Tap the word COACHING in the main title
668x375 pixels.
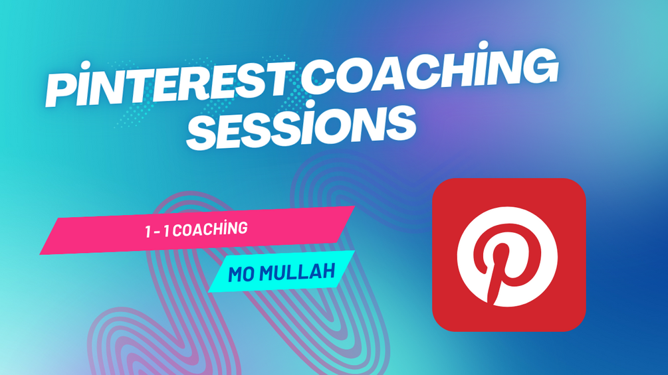coord(432,70)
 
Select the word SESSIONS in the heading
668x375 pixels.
coord(302,125)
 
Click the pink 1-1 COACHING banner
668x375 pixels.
coord(197,230)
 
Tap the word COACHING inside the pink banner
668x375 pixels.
coord(210,229)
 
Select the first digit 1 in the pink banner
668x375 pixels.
coord(148,232)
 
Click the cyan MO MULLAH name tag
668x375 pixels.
coord(282,272)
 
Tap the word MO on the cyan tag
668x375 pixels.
coord(241,274)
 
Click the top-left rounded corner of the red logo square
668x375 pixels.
coord(439,186)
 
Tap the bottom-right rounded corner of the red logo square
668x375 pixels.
coord(578,323)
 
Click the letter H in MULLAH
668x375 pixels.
coord(327,271)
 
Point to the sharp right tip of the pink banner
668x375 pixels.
coord(354,206)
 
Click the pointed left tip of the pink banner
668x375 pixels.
coord(40,254)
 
